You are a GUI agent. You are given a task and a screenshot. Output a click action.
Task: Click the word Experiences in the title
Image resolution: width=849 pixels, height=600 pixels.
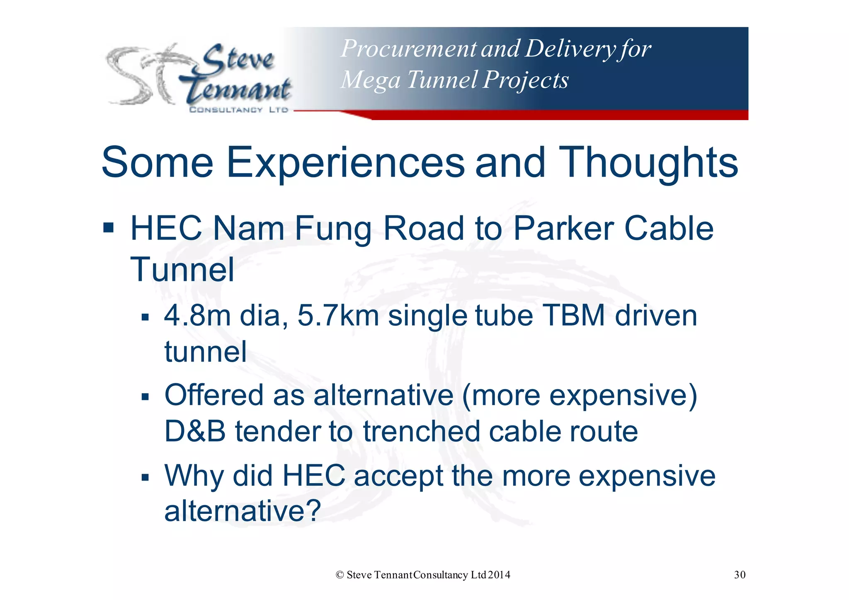tap(345, 163)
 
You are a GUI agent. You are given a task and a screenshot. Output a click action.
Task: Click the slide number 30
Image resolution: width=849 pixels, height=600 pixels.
tap(740, 575)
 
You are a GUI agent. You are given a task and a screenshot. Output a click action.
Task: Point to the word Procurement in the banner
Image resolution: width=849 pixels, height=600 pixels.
tap(408, 49)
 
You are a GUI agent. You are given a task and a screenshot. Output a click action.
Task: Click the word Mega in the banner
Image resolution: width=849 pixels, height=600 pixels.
tap(370, 80)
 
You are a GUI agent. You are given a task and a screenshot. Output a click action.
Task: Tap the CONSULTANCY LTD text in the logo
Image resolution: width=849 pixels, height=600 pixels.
tap(238, 110)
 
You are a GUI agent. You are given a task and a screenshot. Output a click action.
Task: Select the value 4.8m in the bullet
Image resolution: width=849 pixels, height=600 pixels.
tap(197, 316)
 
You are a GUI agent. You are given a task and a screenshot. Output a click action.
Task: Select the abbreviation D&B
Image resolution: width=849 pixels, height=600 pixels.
tap(195, 431)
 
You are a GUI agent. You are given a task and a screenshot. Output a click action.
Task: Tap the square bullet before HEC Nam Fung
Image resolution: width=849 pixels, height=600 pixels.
tap(109, 228)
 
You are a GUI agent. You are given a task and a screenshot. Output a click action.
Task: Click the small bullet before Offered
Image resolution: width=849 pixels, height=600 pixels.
tap(145, 397)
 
